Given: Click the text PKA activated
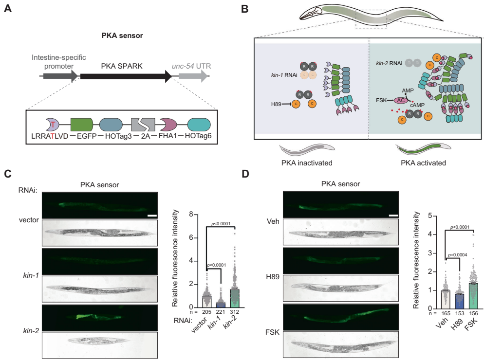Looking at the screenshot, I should (x=420, y=163).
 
